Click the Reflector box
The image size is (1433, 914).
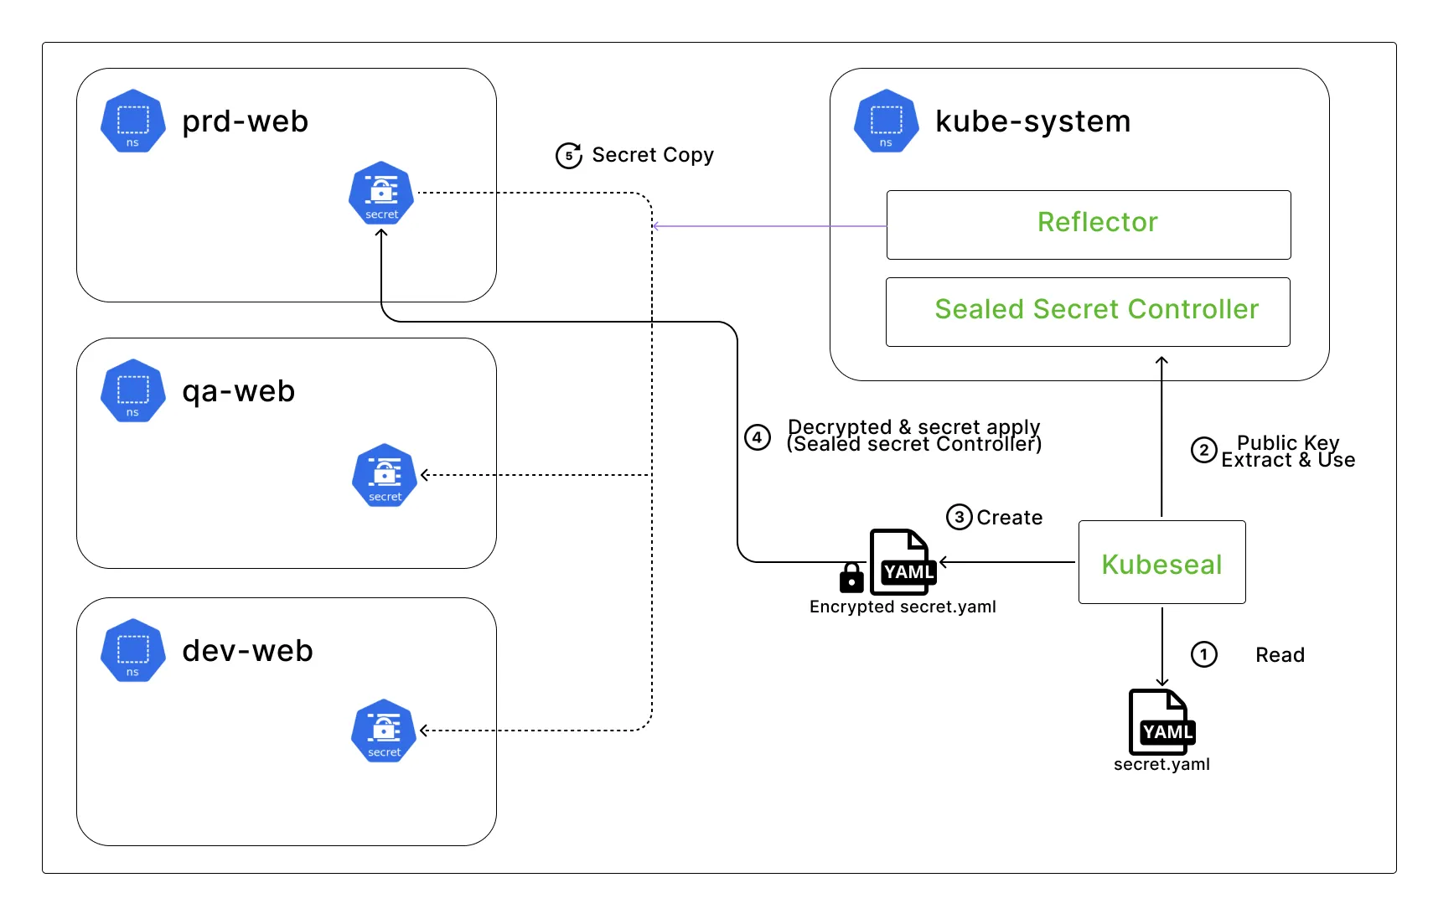1089,225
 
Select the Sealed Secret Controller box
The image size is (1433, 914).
1088,312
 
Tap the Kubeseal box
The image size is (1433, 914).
1161,562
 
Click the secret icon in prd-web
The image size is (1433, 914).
381,194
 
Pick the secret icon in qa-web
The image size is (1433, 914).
385,475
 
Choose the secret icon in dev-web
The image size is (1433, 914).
384,731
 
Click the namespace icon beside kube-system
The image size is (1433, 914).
886,121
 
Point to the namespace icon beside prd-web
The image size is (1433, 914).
132,121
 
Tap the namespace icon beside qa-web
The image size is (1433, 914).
132,391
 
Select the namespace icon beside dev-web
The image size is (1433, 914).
132,651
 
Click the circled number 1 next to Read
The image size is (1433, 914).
1204,654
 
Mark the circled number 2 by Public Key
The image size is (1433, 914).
1204,450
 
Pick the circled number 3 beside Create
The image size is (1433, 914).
960,517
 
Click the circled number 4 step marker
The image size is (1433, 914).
758,436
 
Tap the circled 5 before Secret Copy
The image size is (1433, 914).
569,155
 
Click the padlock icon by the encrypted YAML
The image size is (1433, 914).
851,577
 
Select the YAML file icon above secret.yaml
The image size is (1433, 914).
1161,721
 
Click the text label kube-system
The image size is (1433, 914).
1032,121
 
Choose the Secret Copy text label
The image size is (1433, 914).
653,155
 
